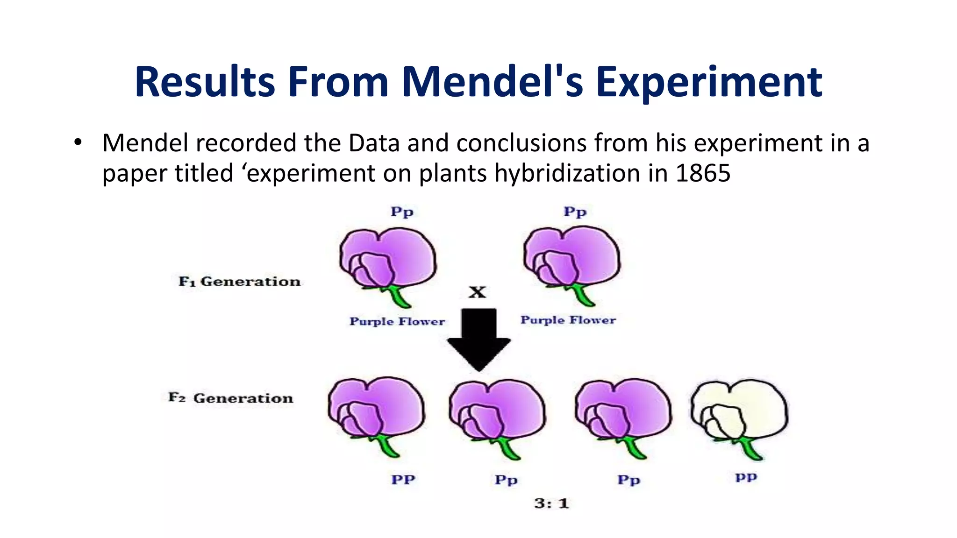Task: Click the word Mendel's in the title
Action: point(493,82)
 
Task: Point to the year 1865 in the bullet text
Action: point(703,173)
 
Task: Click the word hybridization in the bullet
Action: point(567,173)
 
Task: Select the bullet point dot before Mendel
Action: point(78,142)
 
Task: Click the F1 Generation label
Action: point(239,282)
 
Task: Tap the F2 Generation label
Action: point(231,398)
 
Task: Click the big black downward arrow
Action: point(478,339)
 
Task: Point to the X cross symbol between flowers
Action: point(477,292)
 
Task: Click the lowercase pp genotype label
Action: point(746,477)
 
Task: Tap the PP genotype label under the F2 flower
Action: point(403,480)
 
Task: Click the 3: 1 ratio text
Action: point(551,503)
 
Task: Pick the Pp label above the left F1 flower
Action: point(402,212)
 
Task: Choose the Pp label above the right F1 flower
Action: point(575,212)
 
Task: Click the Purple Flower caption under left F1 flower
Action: point(397,321)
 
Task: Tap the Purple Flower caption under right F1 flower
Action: point(568,320)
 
